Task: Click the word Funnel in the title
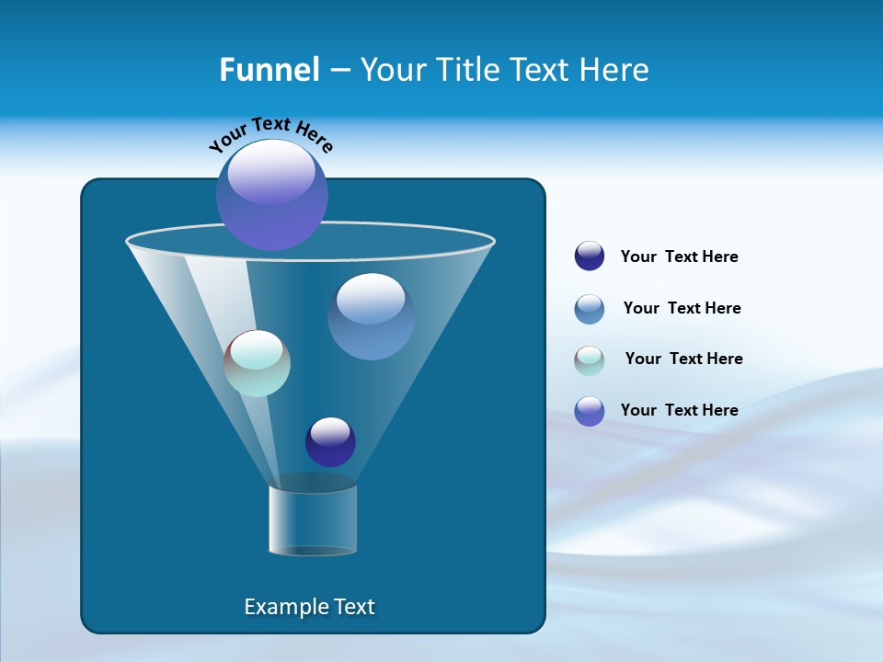click(269, 69)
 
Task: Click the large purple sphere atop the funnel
click(271, 195)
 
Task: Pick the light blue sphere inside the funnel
click(371, 315)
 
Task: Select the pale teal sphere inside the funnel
click(257, 363)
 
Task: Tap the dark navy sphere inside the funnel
click(330, 441)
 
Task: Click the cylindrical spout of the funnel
click(313, 519)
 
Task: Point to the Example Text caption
click(309, 607)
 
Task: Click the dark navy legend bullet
click(590, 257)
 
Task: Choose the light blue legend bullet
click(590, 309)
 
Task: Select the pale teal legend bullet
click(590, 360)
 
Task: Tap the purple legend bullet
click(590, 411)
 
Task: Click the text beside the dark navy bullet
click(679, 257)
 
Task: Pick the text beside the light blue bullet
click(682, 308)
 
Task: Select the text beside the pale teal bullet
click(683, 359)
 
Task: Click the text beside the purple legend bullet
click(679, 410)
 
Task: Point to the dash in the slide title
click(338, 70)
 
